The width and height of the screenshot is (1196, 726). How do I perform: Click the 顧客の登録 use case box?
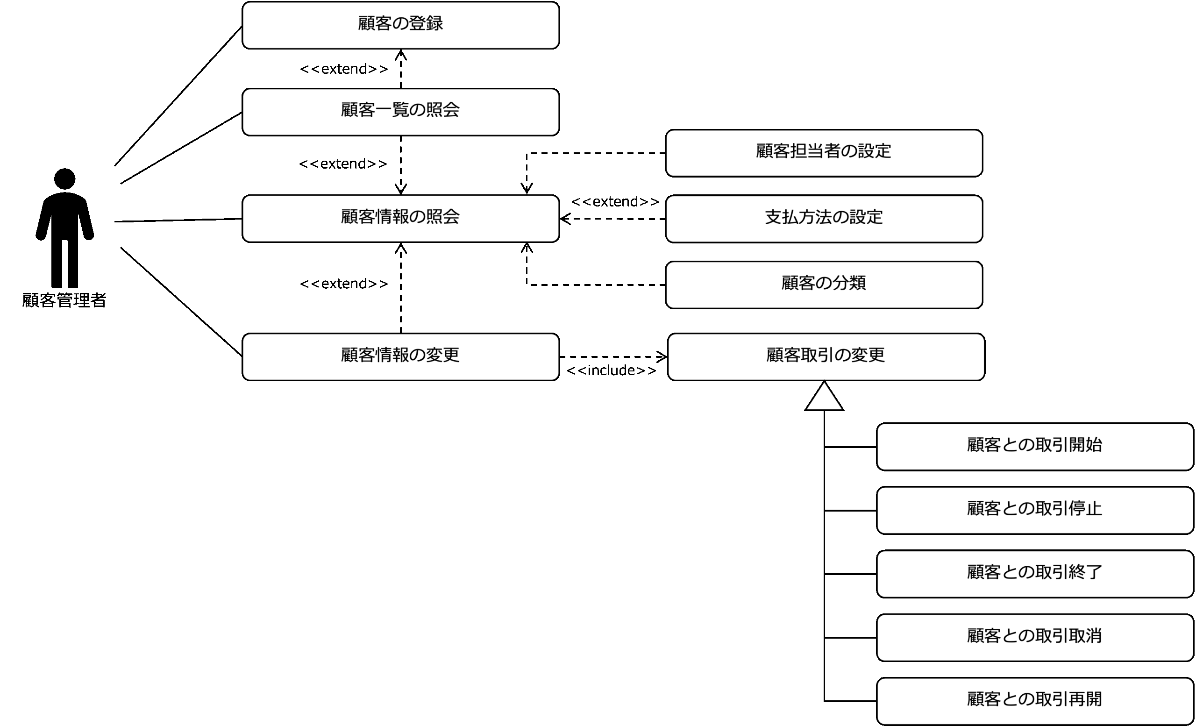coord(400,25)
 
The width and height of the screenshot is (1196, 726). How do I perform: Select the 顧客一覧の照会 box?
coord(400,112)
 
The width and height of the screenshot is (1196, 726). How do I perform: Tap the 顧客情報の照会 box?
coord(400,218)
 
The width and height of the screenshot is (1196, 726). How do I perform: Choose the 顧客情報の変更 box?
coord(400,356)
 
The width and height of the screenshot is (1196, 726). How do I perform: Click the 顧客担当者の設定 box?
coord(824,153)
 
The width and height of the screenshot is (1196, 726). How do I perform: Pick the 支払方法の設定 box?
coord(824,219)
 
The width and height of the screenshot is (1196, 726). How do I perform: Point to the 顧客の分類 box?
coord(824,285)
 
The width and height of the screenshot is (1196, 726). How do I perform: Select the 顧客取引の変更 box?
coord(826,356)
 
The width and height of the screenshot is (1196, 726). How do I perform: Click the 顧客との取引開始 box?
coord(1035,447)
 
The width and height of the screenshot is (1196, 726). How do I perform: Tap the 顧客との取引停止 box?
coord(1035,510)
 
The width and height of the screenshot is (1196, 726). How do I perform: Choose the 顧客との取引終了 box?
coord(1035,574)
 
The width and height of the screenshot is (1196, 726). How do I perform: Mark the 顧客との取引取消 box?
coord(1035,637)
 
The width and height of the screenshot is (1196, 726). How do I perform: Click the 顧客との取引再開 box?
coord(1035,701)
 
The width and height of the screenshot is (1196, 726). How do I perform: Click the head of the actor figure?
coord(64,178)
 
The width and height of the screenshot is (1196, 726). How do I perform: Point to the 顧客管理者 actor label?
coord(64,300)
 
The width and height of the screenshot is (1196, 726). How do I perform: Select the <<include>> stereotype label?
coord(612,370)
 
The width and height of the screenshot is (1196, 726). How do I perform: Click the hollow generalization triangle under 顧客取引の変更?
coord(824,396)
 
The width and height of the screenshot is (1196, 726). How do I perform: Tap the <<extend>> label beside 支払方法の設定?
coord(615,201)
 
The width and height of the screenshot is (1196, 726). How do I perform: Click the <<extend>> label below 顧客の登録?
coord(344,69)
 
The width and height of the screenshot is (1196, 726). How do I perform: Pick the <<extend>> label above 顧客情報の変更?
coord(344,284)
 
